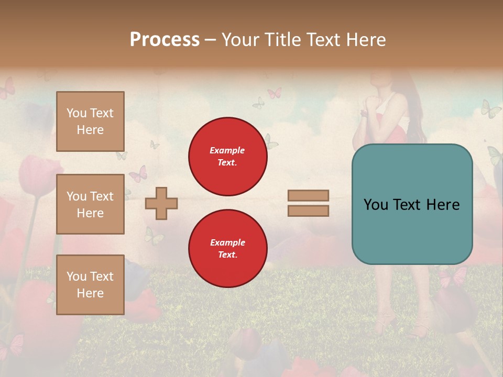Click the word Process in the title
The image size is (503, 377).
click(165, 40)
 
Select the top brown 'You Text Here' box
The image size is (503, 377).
click(90, 121)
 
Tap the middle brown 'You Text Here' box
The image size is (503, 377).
click(90, 204)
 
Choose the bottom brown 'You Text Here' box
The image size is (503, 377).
click(90, 285)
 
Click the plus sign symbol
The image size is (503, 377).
click(161, 203)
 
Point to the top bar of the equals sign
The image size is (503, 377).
click(308, 195)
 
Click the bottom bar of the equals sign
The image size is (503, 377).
click(308, 210)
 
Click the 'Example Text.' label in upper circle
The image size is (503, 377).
click(227, 156)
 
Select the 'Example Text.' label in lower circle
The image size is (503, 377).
click(227, 249)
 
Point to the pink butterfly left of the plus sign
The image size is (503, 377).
click(138, 174)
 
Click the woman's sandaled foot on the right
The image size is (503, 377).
click(421, 329)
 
